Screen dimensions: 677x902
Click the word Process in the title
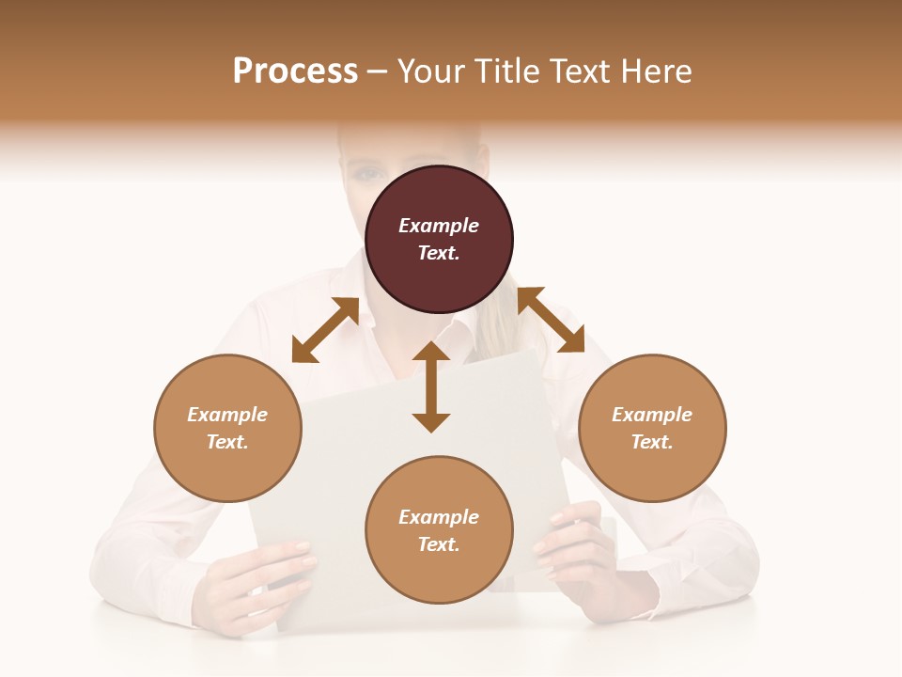[295, 71]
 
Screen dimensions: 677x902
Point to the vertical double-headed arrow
[431, 387]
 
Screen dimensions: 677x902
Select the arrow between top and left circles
[325, 330]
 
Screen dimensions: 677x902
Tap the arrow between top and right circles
[551, 321]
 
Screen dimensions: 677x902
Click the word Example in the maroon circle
[439, 226]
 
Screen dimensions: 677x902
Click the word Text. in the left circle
[227, 442]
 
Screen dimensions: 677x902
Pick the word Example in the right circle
[652, 415]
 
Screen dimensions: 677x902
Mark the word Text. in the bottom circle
[439, 544]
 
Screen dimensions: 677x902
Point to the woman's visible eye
[368, 173]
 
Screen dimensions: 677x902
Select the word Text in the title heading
[579, 71]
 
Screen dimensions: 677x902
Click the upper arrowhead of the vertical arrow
[431, 353]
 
